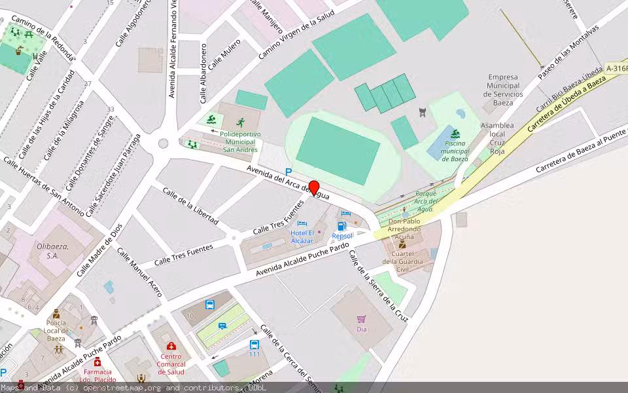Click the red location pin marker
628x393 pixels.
tap(314, 188)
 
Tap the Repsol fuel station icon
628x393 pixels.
tap(341, 226)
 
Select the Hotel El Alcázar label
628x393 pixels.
tap(302, 237)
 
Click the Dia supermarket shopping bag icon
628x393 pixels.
tap(361, 319)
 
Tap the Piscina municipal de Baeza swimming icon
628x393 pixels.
tap(455, 134)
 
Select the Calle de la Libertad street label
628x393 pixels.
tap(190, 206)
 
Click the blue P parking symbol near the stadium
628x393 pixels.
tap(288, 172)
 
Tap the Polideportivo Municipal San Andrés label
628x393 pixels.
tap(240, 141)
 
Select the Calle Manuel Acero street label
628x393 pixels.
tap(139, 272)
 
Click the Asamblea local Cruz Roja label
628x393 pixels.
tap(497, 138)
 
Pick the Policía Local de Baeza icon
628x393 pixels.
tap(56, 314)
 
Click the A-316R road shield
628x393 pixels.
tap(616, 68)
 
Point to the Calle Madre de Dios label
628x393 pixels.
tap(99, 250)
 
